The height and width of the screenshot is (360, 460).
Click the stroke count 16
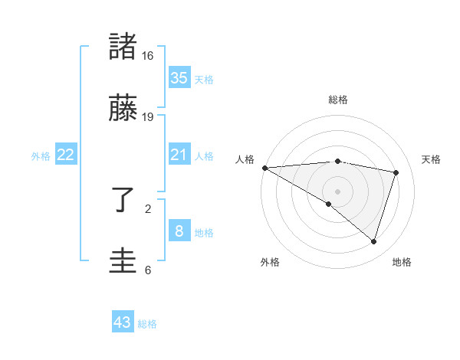148,56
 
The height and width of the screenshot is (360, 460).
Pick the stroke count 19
148,117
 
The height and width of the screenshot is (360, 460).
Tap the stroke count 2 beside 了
148,208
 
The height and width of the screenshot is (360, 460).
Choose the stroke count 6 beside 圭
148,270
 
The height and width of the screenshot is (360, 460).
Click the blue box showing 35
179,77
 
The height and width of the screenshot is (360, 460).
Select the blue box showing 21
179,155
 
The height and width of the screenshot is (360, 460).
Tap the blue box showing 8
179,231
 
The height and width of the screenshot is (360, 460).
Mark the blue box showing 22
66,155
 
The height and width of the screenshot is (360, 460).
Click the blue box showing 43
123,322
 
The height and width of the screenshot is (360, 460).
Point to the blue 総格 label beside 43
147,324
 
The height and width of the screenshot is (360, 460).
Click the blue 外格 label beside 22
41,155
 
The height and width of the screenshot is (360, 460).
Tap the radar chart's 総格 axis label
338,100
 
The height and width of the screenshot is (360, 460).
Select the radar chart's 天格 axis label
432,159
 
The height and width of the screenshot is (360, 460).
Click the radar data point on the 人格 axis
264,168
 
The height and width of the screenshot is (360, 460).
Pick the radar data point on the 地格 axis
373,241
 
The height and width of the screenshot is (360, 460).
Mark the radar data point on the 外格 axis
329,204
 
